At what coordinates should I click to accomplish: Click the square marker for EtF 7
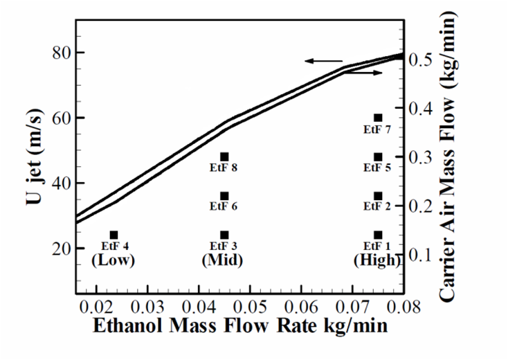pos(378,118)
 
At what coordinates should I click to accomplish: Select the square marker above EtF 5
pos(378,157)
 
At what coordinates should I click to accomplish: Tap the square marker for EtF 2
pos(378,196)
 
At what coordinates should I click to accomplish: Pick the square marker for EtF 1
pos(378,235)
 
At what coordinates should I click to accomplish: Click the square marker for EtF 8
pos(224,157)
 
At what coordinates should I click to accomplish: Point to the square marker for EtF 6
pos(224,196)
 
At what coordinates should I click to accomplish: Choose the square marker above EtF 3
pos(224,235)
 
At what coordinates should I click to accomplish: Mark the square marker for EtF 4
pos(114,235)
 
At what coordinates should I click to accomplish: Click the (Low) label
pos(113,260)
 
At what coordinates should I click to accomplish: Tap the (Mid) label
pos(224,260)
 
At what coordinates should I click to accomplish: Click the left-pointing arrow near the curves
pos(324,61)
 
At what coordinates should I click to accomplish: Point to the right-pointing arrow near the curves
pos(362,73)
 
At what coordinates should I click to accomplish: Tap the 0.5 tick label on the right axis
pos(424,60)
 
